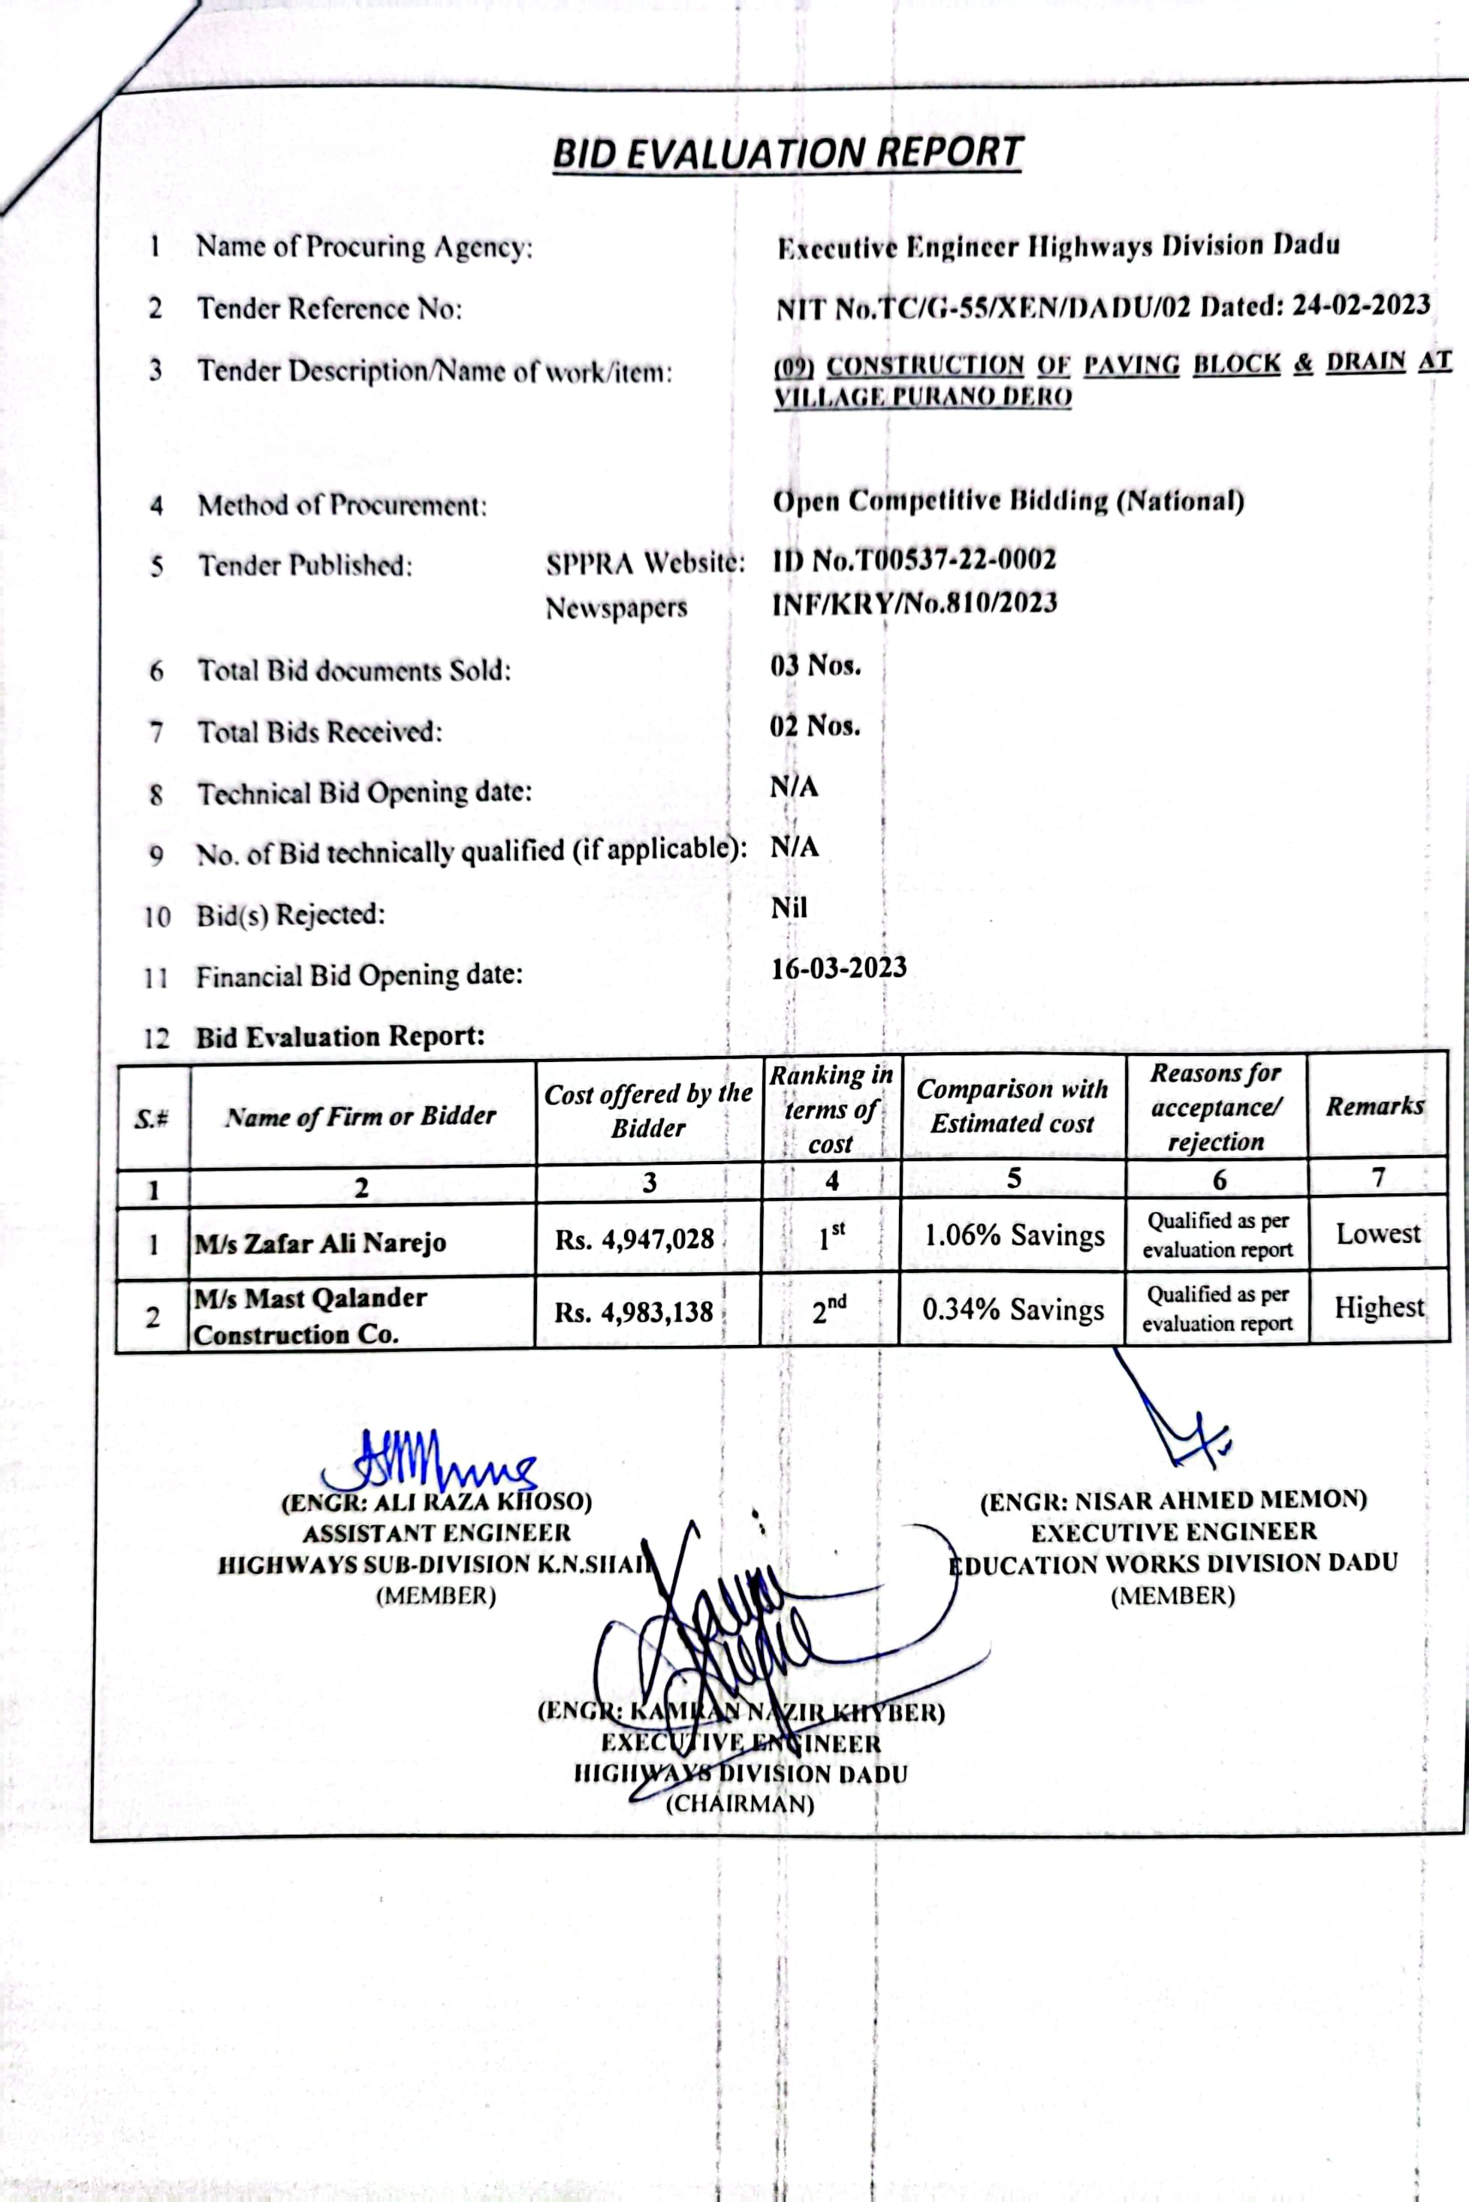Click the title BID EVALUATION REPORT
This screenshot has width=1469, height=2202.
click(x=787, y=152)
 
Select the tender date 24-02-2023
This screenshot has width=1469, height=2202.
click(x=1360, y=306)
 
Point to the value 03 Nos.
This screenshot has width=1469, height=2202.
click(x=815, y=666)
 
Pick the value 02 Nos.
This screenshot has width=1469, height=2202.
click(x=814, y=726)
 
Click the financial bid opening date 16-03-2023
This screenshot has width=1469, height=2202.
click(x=838, y=967)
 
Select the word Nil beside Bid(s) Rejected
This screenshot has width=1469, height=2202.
click(x=788, y=906)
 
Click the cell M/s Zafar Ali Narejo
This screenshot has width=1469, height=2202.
click(x=321, y=1243)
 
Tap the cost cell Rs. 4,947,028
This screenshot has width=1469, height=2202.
click(x=635, y=1239)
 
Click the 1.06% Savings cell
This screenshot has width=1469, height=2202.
click(x=1014, y=1235)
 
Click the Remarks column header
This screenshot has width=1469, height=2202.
click(x=1374, y=1106)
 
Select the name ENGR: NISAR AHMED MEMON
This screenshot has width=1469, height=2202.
click(x=1173, y=1501)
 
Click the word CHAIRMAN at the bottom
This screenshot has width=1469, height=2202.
click(x=740, y=1804)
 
